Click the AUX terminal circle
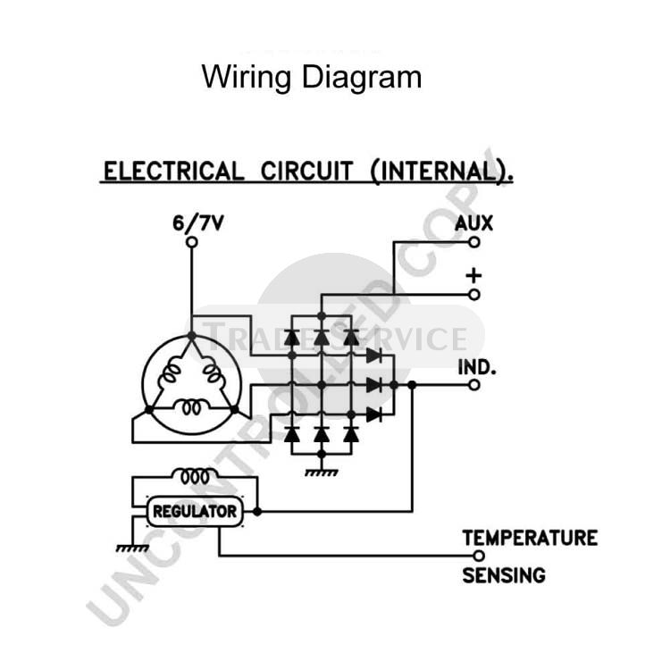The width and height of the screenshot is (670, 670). pos(473,242)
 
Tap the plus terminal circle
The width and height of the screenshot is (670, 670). pos(473,295)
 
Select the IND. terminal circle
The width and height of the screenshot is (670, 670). pos(473,385)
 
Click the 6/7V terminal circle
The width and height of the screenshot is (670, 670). pos(192,242)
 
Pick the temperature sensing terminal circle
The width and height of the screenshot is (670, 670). pos(479,556)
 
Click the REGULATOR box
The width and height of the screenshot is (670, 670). pos(195,512)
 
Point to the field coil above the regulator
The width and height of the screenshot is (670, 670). pos(195,476)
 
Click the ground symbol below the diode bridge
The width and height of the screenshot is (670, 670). pos(322,473)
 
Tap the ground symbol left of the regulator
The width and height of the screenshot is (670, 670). pos(132,549)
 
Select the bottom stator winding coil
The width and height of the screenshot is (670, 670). pos(192,406)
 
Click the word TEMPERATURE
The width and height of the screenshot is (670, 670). pos(530,538)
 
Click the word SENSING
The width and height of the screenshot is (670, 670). pos(504,575)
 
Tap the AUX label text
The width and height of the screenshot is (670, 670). pos(473,223)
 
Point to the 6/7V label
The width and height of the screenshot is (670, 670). pos(197,223)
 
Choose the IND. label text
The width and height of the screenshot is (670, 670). pos(477,367)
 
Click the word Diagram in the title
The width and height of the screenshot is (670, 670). pos(362,78)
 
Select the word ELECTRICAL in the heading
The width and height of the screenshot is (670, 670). pos(174,172)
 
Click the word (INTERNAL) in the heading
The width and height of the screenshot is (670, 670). pos(442,172)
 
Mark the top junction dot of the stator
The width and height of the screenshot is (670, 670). pos(192,336)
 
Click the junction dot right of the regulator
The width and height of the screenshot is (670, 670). pos(257,511)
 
